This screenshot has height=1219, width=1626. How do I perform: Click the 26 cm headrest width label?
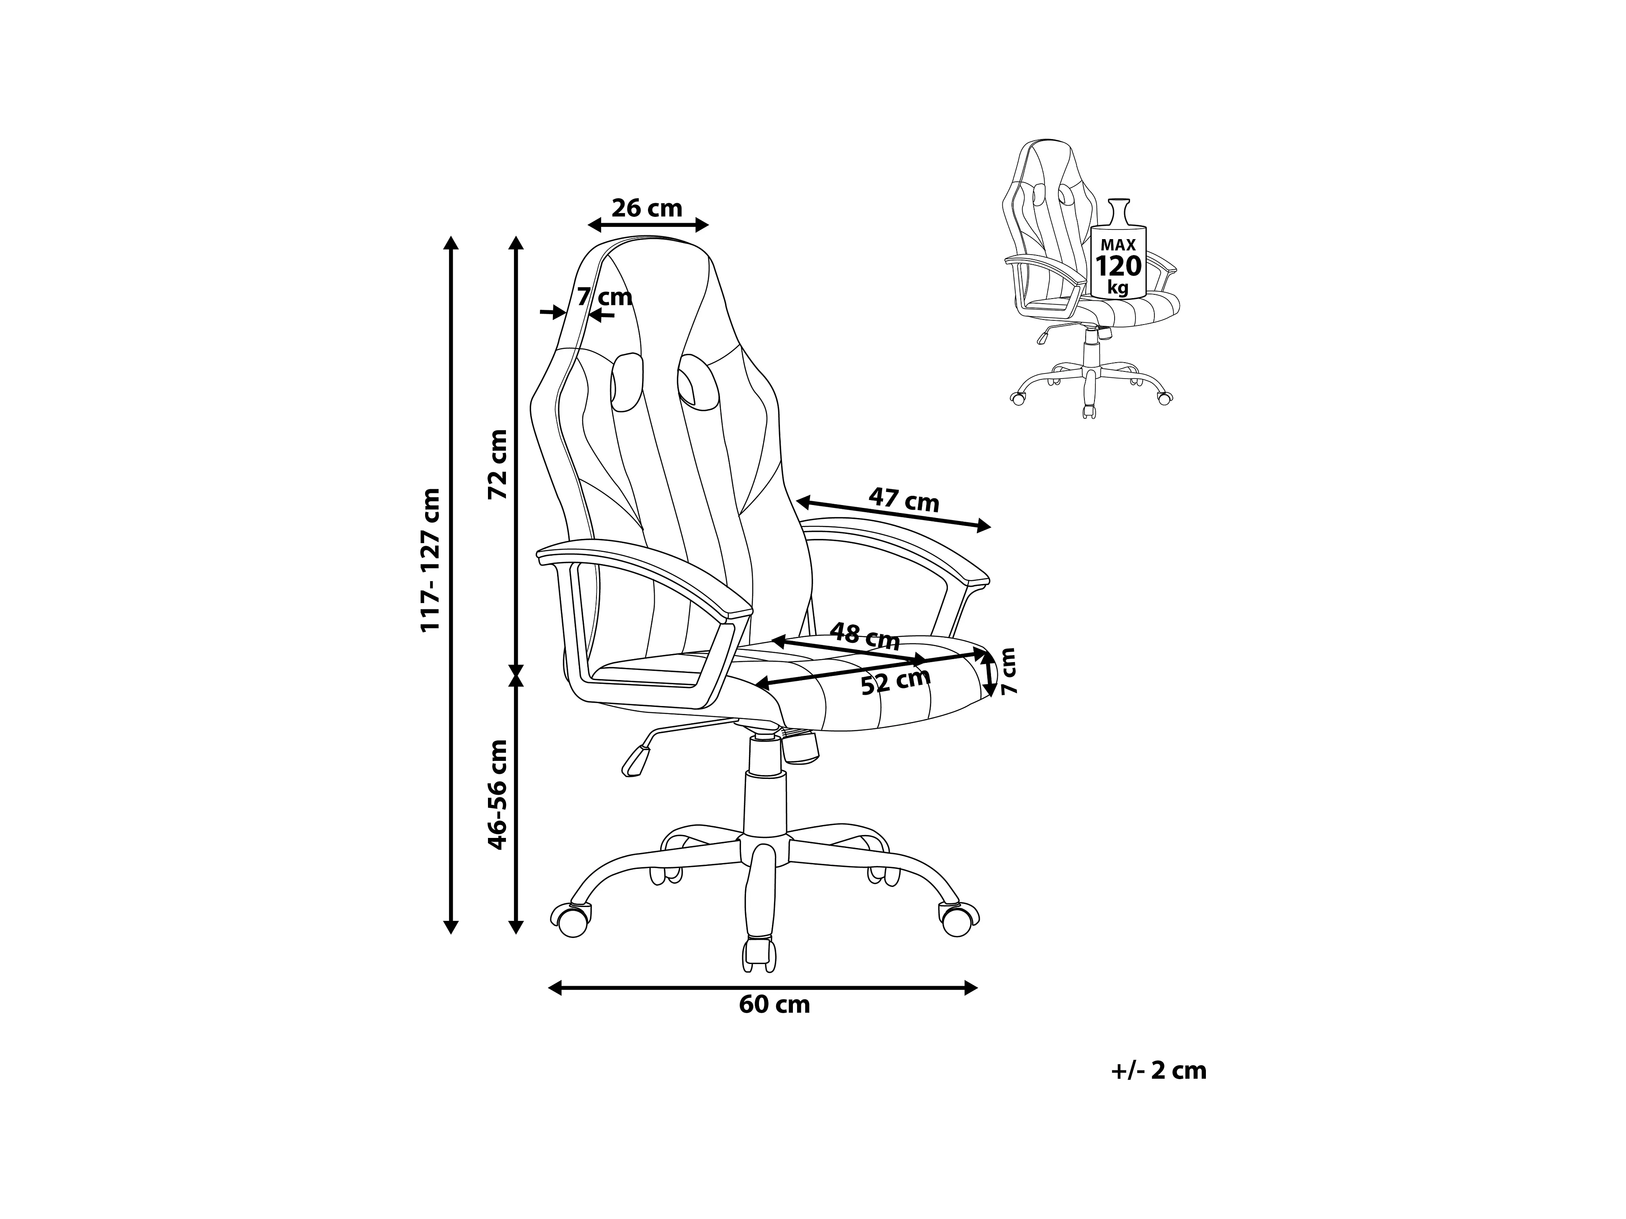[647, 209]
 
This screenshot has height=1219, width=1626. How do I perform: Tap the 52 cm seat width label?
[896, 682]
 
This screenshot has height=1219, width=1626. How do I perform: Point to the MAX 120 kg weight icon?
[1118, 257]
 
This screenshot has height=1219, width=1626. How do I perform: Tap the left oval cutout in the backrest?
[626, 382]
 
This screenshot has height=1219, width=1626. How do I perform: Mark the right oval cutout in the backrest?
[694, 379]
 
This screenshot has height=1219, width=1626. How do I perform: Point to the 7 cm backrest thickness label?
[604, 297]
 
